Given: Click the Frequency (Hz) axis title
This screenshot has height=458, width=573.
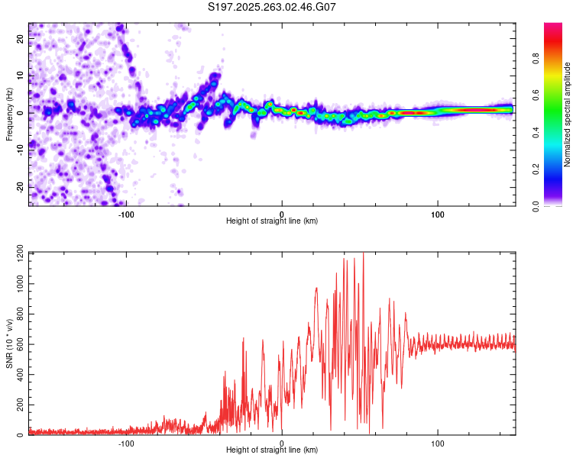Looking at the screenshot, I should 9,114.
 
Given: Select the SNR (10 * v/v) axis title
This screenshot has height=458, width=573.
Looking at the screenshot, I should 9,343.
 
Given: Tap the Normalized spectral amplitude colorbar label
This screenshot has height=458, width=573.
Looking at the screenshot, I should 567,114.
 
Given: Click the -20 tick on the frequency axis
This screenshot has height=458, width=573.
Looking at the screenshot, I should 21,186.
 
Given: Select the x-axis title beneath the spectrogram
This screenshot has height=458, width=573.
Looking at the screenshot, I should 273,221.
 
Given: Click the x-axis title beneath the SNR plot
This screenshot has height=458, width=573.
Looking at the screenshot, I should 273,450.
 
